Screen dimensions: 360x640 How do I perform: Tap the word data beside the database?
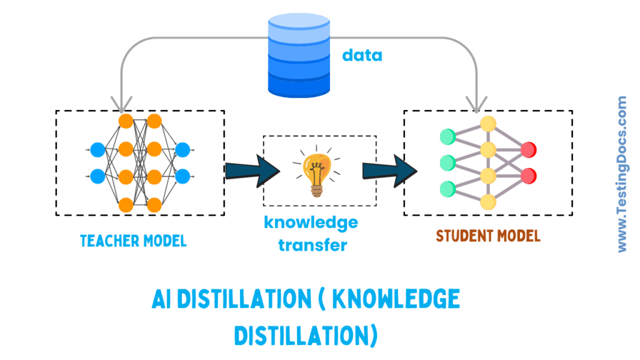[x=362, y=55]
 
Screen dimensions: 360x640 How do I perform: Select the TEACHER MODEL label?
[x=133, y=241]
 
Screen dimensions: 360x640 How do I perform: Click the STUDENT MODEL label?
[x=488, y=236]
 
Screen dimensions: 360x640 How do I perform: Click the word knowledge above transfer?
[x=311, y=222]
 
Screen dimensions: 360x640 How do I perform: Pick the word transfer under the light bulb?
[x=312, y=244]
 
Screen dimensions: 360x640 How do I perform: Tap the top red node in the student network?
[x=529, y=149]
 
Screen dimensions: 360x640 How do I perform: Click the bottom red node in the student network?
[x=529, y=175]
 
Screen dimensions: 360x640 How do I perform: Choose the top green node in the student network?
[x=447, y=136]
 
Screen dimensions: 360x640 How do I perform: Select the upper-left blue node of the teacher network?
[x=97, y=150]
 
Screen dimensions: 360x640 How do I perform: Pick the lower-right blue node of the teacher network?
[x=182, y=176]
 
